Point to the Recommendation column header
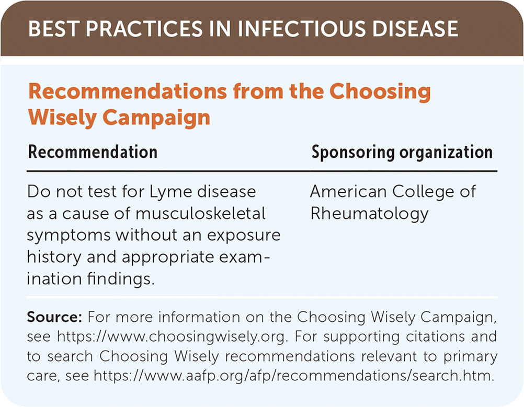pos(93,152)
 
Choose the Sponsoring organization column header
pos(402,153)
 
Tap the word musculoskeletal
pos(201,214)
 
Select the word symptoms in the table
pos(69,236)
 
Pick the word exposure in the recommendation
pos(244,236)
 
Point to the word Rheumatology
pos(369,214)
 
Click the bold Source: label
pos(54,317)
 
